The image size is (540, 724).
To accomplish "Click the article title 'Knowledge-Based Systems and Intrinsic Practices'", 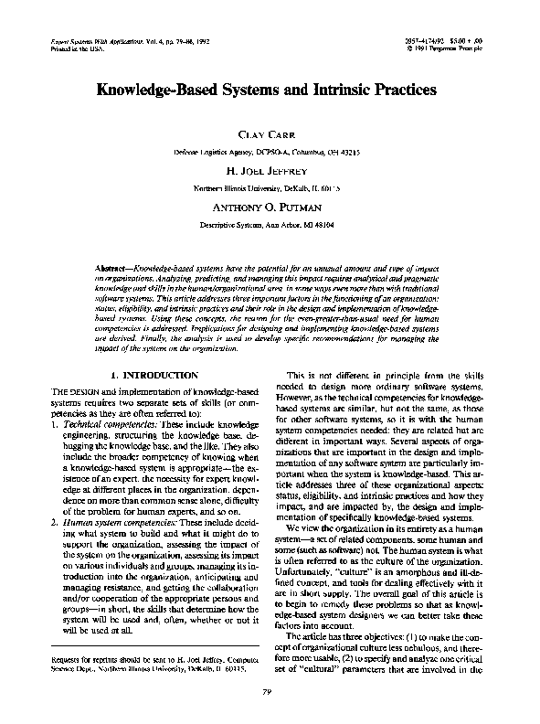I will click(269, 91).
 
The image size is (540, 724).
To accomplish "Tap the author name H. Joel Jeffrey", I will click(269, 171).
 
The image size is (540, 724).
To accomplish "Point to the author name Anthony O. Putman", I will click(269, 207).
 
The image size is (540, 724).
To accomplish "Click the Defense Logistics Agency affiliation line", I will click(269, 152).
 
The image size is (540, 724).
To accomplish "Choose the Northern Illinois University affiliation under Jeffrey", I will click(269, 187).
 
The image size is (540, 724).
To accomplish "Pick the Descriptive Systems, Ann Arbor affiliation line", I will click(269, 223).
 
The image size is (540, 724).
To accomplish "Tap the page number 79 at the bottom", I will click(269, 697).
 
